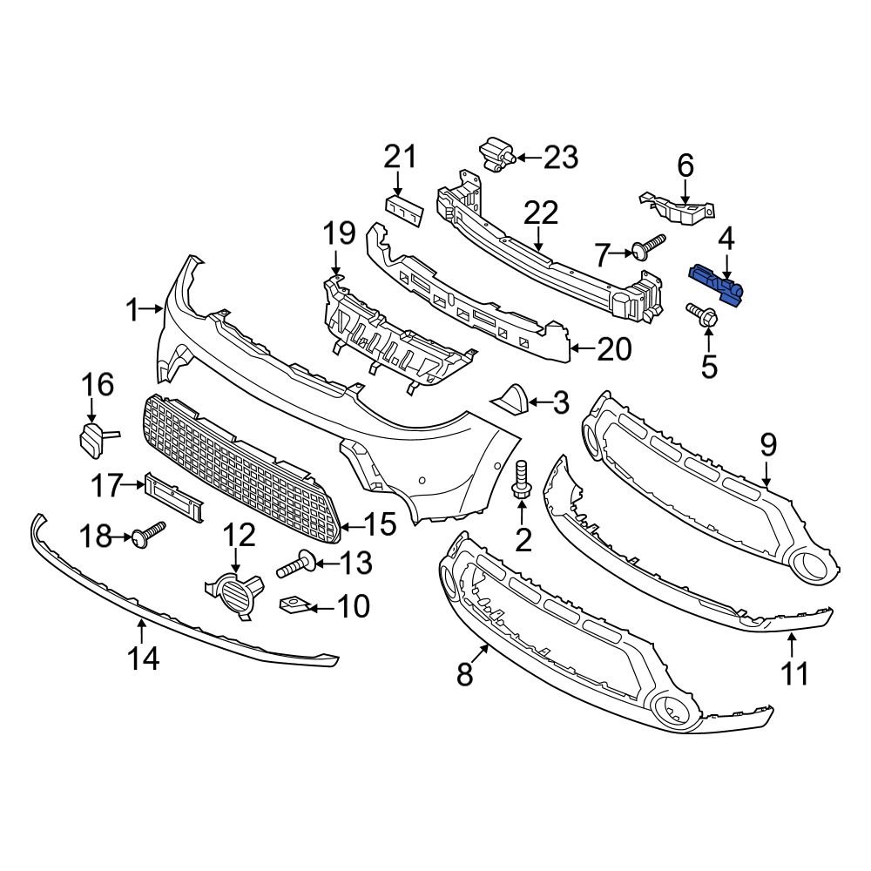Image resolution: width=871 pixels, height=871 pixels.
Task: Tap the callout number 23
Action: point(560,158)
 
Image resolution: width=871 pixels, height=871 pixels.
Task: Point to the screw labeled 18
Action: point(145,534)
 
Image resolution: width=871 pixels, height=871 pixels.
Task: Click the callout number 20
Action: point(615,350)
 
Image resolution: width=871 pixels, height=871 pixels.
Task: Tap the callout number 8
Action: point(464,672)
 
